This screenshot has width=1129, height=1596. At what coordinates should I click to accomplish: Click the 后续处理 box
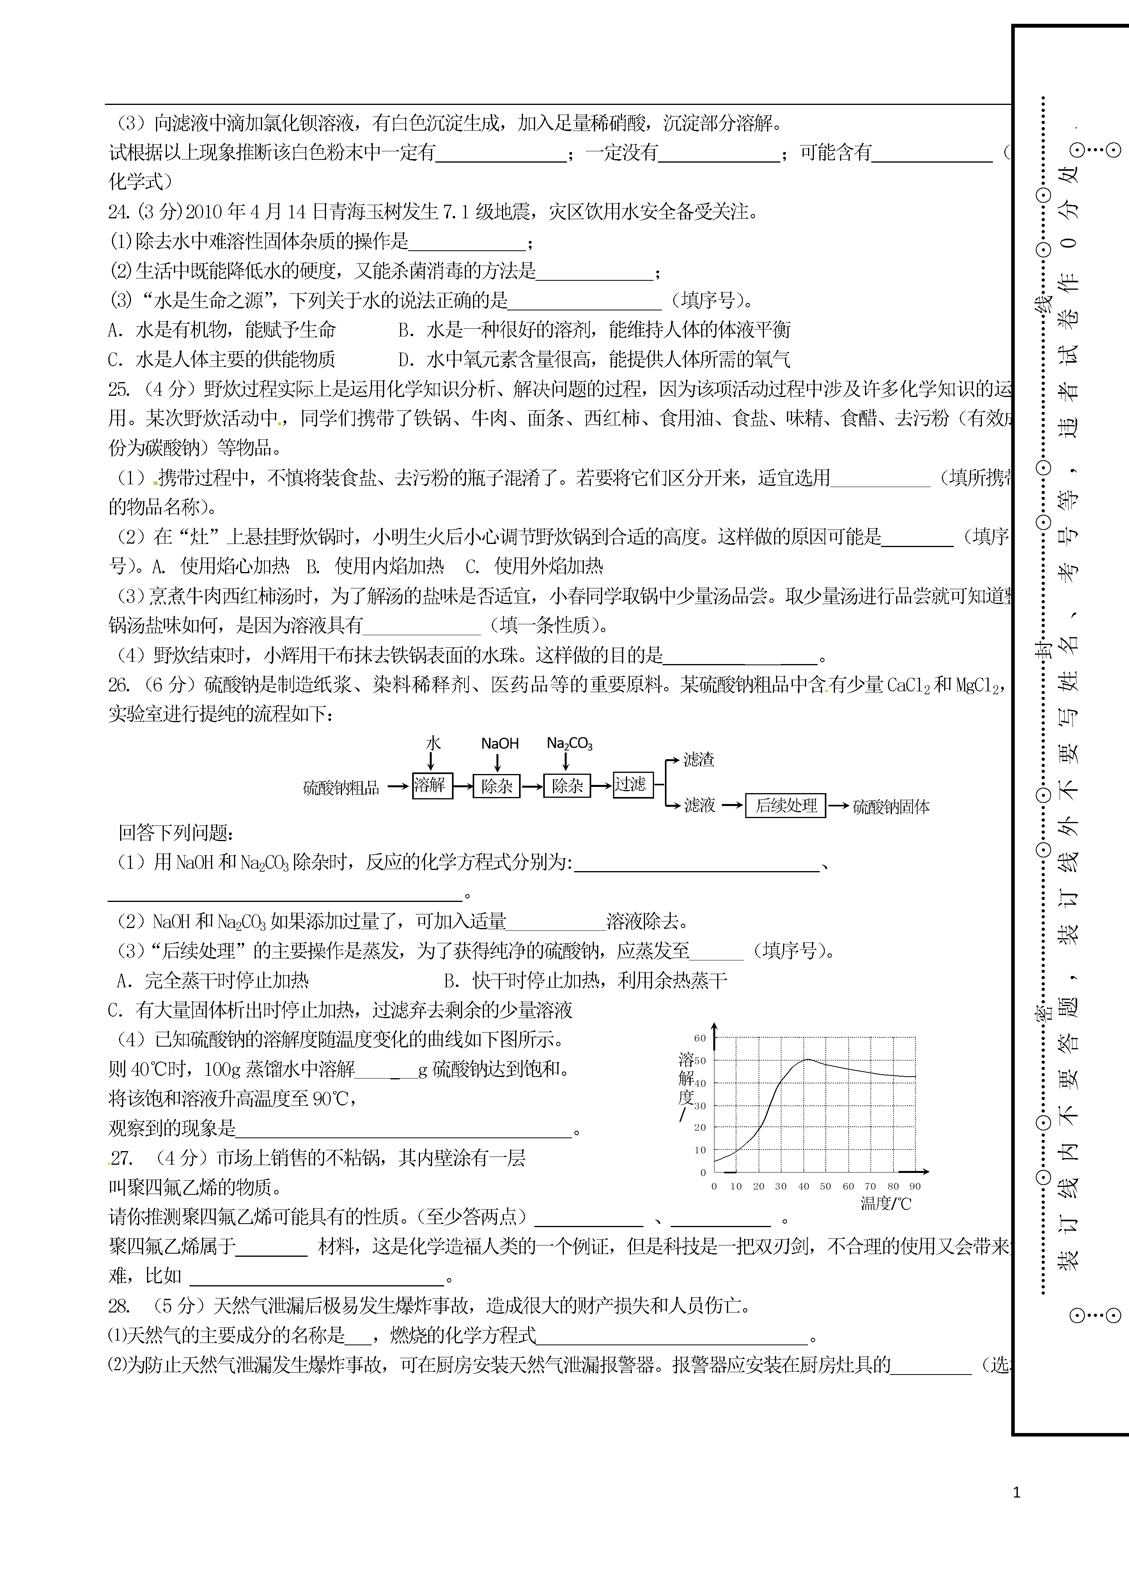click(785, 806)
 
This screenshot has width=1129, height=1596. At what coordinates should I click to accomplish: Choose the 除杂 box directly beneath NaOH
click(496, 786)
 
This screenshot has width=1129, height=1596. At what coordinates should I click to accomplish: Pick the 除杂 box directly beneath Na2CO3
click(567, 786)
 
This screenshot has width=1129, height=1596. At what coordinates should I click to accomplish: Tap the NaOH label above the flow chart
click(500, 744)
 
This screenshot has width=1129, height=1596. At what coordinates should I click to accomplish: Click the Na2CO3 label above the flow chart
click(569, 744)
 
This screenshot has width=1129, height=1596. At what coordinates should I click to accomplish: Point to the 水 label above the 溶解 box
click(433, 743)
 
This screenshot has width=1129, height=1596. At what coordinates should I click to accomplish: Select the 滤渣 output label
click(699, 760)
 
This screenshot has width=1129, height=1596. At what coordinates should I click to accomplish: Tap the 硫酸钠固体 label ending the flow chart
click(891, 807)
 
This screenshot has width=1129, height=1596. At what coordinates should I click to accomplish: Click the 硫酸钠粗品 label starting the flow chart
click(340, 788)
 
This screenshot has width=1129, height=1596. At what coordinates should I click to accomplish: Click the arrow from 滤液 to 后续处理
click(732, 806)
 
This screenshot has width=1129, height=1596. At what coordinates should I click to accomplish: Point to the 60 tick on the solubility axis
click(700, 1038)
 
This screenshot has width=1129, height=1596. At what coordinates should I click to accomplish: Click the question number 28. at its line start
click(118, 1306)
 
